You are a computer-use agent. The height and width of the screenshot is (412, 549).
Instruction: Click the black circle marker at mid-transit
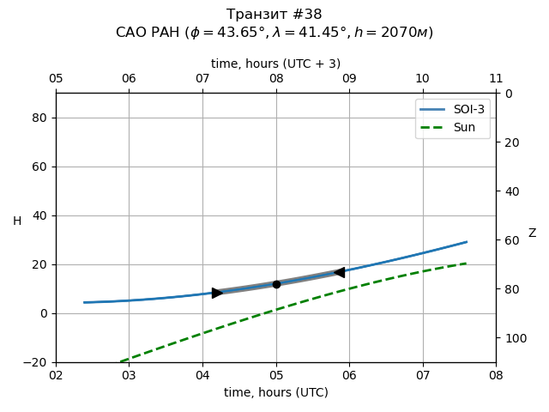pos(276,284)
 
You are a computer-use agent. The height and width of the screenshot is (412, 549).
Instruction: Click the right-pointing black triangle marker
pos(217,293)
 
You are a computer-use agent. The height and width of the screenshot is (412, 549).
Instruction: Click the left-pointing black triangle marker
pos(339,272)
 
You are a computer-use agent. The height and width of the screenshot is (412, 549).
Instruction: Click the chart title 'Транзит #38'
pos(274,15)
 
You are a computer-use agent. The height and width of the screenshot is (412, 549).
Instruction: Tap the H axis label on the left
pos(17,221)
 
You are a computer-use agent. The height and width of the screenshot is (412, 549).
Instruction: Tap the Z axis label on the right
pos(532,233)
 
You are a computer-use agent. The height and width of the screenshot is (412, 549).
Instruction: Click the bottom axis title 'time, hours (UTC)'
pos(276,392)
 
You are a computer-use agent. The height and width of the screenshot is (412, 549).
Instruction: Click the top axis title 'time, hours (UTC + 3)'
pos(276,64)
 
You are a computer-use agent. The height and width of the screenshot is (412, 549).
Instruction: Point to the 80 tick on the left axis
pos(39,118)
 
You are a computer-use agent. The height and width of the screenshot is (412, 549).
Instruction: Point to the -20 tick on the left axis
pos(35,362)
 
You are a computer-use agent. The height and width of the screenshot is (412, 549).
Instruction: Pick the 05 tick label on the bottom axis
pos(276,375)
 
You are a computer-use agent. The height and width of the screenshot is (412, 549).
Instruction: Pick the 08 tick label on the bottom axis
pos(496,375)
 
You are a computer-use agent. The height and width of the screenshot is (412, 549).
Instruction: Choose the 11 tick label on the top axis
pos(496,79)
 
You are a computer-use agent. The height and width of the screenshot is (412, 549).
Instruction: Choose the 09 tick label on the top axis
pos(349,79)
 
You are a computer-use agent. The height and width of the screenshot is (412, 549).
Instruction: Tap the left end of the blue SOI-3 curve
pos(84,302)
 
